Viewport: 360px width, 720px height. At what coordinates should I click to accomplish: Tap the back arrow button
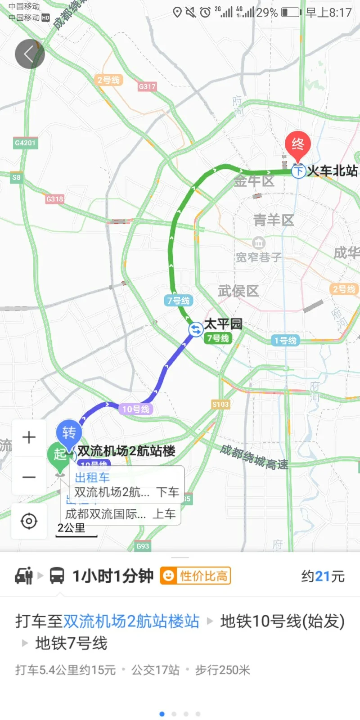tap(30, 54)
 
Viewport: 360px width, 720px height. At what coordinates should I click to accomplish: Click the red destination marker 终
tap(297, 145)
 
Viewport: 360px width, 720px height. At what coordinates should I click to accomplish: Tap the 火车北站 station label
tap(332, 171)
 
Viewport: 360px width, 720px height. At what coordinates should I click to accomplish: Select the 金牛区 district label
tap(254, 181)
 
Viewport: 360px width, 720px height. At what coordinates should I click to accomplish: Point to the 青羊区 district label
tap(274, 220)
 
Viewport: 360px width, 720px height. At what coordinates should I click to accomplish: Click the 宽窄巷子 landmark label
tap(259, 256)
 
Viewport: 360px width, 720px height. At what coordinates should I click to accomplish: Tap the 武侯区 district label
tap(238, 291)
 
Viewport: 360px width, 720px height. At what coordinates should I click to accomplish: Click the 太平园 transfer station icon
tap(196, 329)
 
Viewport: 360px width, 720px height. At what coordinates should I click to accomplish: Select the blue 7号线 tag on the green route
tap(179, 301)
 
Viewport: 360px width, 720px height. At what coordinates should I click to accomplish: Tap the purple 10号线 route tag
tap(135, 409)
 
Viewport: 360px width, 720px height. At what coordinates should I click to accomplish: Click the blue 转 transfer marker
tap(69, 433)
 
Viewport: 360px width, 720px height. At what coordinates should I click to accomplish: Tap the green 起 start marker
tap(58, 454)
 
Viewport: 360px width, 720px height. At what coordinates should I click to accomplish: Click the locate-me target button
tap(29, 521)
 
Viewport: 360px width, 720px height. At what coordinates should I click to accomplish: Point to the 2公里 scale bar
tap(76, 530)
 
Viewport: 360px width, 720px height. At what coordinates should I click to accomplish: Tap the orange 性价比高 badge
tap(196, 576)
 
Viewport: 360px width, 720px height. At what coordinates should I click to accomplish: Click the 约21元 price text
tap(323, 576)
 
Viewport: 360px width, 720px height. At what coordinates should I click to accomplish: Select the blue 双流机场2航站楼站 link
tap(131, 621)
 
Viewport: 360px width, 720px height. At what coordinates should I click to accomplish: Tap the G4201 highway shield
tap(25, 143)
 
